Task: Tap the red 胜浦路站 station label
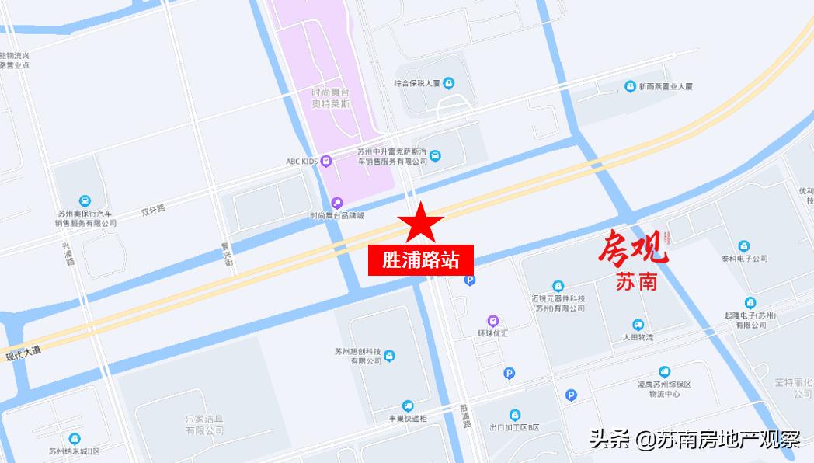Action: pos(420,259)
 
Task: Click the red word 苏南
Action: pos(636,280)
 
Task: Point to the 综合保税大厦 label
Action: pos(417,82)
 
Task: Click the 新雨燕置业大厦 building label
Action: pos(665,86)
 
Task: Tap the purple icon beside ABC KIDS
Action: pos(326,161)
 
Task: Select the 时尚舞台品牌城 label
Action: pos(336,215)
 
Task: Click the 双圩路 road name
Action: pos(153,209)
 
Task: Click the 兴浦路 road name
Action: pos(68,253)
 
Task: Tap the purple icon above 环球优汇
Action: pos(492,321)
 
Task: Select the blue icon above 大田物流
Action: pos(638,325)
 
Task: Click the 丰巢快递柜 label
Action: pos(408,419)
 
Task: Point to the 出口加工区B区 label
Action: pos(514,427)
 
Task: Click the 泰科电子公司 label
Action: pos(743,258)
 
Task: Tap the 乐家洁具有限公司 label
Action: pos(204,424)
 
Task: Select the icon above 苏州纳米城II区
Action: pos(75,439)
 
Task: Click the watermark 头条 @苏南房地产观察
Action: pos(694,440)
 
